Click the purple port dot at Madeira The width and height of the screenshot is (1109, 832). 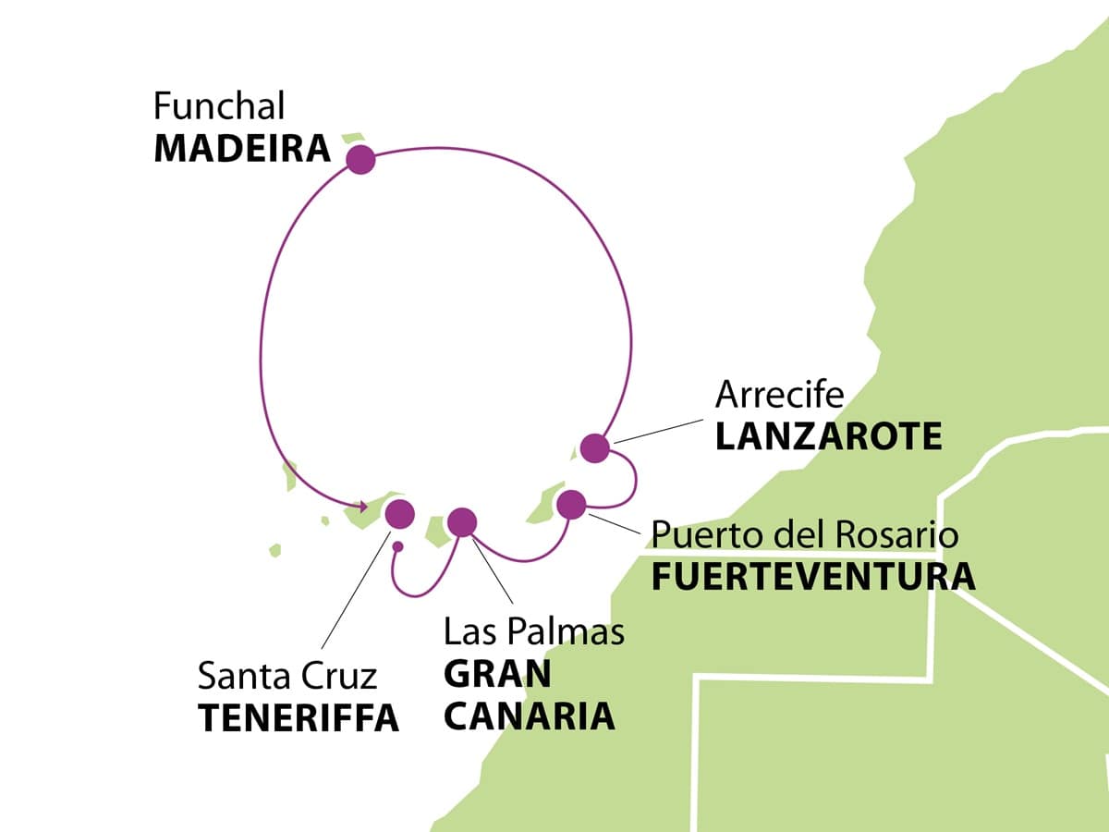pos(360,160)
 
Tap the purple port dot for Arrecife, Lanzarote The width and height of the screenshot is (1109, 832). pos(595,448)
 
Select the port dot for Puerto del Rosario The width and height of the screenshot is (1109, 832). pos(571,504)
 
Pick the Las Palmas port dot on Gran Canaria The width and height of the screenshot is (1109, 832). pos(462,522)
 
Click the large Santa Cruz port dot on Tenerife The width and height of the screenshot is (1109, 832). pos(399,514)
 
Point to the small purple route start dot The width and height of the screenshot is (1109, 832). pos(397,546)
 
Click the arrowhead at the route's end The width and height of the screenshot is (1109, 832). pos(362,507)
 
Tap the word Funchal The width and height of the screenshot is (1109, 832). pos(219,105)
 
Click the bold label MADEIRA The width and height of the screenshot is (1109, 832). pos(242,149)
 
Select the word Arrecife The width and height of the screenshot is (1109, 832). pos(780,395)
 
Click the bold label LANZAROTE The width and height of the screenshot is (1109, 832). pos(829,436)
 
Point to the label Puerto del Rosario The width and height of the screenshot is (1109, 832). pos(805,534)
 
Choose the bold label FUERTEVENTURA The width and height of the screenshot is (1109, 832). pos(813,577)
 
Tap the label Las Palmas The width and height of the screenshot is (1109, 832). pos(534,631)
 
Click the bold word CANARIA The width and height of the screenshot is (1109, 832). pos(530,716)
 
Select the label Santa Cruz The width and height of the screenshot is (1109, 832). pos(287,676)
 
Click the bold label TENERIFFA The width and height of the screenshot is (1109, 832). pos(299,718)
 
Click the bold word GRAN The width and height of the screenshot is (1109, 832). pos(497,673)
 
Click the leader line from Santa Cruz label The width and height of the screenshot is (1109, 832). pos(356,590)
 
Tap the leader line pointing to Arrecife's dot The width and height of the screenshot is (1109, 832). pos(658,431)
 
